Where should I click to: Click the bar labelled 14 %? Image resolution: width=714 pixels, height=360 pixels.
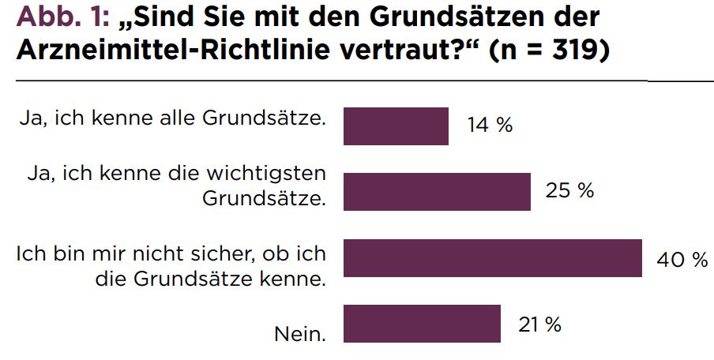[396, 126]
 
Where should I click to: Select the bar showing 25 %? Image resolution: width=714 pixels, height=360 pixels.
[437, 192]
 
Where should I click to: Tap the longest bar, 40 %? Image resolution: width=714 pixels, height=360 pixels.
[493, 257]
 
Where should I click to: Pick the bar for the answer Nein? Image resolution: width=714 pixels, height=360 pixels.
[422, 323]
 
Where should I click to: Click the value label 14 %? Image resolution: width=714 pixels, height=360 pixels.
[490, 125]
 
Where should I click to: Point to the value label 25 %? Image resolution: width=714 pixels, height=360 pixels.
[569, 191]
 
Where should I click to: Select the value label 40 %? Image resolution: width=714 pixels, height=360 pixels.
[682, 260]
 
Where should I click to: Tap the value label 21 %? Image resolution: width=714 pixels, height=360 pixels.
[539, 324]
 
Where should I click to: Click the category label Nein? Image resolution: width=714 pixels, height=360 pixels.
[300, 335]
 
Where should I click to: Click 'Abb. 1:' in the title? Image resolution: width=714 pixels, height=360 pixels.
[62, 17]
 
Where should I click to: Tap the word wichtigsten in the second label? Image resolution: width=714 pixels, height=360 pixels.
[266, 174]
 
